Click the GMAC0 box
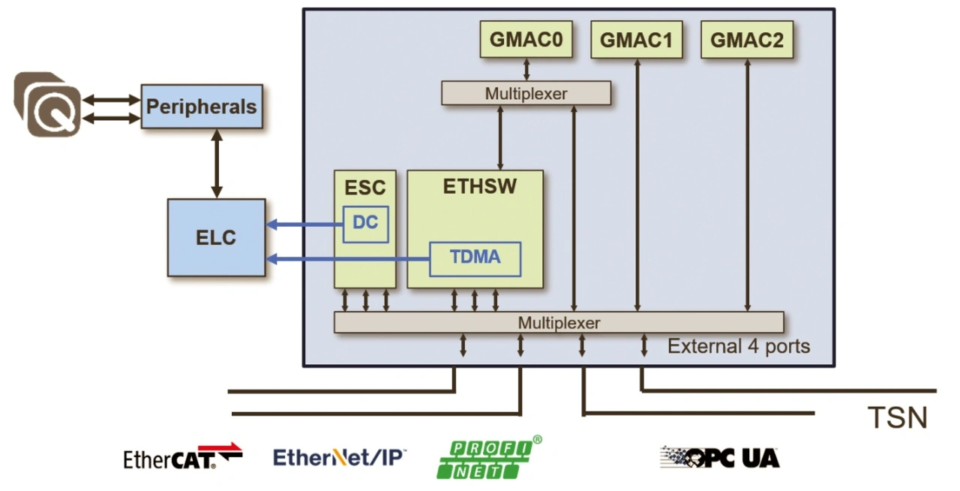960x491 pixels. point(526,40)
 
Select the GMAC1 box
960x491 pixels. point(637,40)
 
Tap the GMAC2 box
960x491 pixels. point(747,40)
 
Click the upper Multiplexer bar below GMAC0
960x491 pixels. point(526,94)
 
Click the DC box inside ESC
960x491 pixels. point(366,224)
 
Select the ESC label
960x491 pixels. point(364,186)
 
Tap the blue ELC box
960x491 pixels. point(216,237)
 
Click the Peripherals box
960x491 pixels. point(201,107)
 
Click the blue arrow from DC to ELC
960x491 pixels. point(304,224)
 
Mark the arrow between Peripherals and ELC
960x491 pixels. point(216,164)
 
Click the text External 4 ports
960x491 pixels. point(739,346)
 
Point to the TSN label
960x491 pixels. point(897,417)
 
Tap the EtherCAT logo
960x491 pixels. point(183,456)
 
